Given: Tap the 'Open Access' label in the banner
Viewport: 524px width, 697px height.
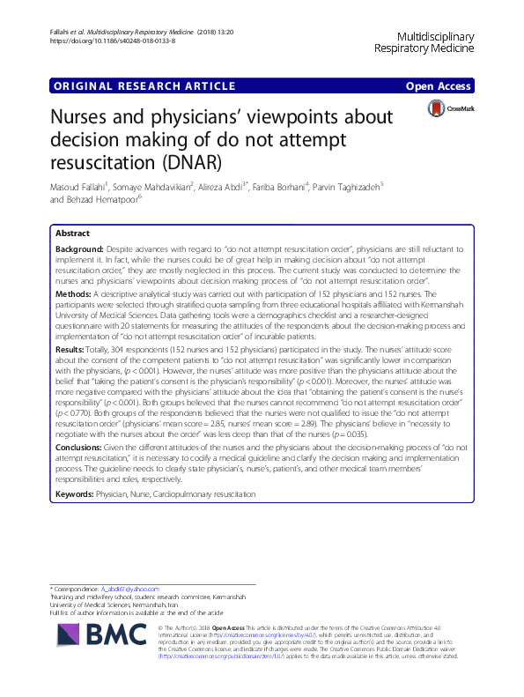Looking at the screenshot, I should (x=439, y=85).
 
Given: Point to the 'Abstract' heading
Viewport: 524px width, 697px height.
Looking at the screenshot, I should (x=72, y=234).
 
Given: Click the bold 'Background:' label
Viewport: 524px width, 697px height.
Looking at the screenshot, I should (x=79, y=250).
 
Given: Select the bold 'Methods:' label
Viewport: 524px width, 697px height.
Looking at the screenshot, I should (x=73, y=292).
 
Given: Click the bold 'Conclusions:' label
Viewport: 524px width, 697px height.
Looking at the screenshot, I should (x=79, y=449).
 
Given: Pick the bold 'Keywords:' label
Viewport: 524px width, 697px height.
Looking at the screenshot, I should (x=77, y=494).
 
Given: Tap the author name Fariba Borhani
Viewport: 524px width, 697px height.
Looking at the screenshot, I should (x=331, y=188).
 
